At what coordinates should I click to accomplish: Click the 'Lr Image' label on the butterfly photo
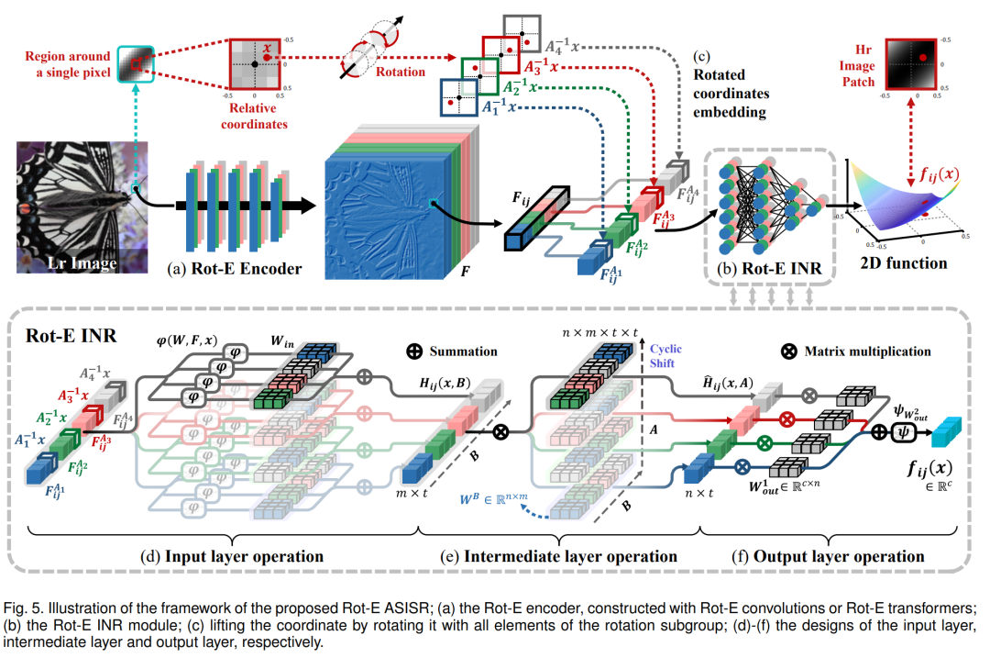pyautogui.click(x=82, y=264)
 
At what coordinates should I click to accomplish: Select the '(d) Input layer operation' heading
pyautogui.click(x=230, y=556)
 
